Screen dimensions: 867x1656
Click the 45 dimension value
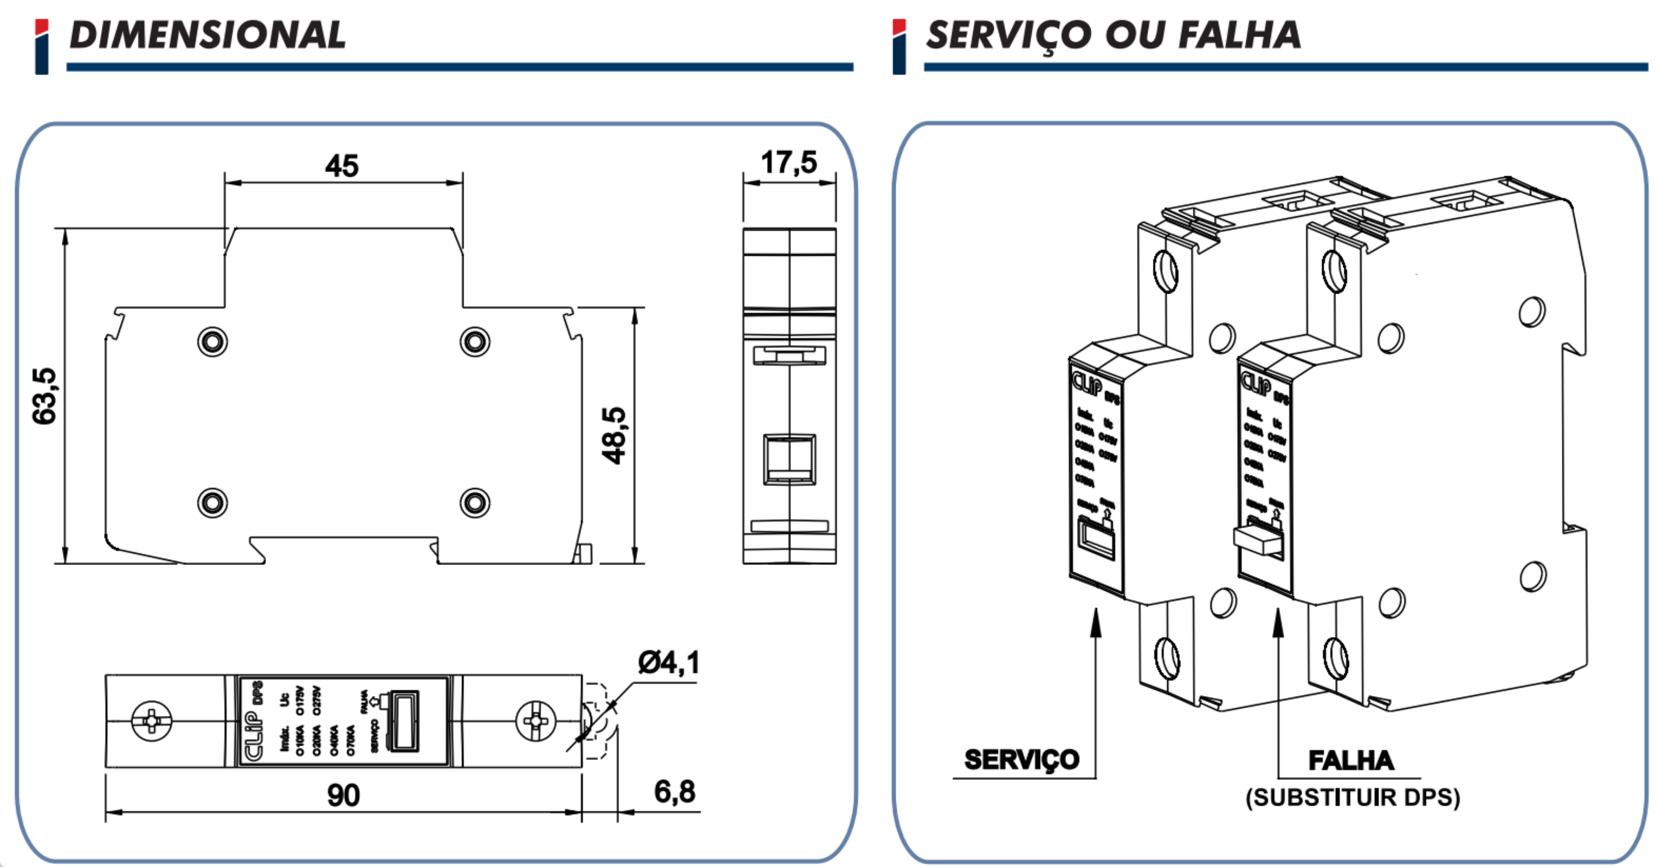tap(341, 166)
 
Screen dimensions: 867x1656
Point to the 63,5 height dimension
tap(45, 396)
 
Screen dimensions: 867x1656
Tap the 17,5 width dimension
tap(789, 163)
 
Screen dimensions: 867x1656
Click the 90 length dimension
tap(343, 796)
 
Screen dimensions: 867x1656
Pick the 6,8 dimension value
tap(674, 791)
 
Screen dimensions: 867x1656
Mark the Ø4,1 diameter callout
tap(669, 662)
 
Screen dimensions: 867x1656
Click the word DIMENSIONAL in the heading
tap(208, 36)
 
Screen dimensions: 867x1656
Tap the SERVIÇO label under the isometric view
tap(1021, 760)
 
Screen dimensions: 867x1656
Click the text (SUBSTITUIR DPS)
tap(1352, 797)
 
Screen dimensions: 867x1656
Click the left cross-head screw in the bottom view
tap(151, 720)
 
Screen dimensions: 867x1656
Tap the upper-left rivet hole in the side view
tap(212, 341)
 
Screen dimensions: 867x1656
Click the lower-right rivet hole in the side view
tap(474, 503)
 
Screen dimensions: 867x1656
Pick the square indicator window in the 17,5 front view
tap(789, 459)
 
